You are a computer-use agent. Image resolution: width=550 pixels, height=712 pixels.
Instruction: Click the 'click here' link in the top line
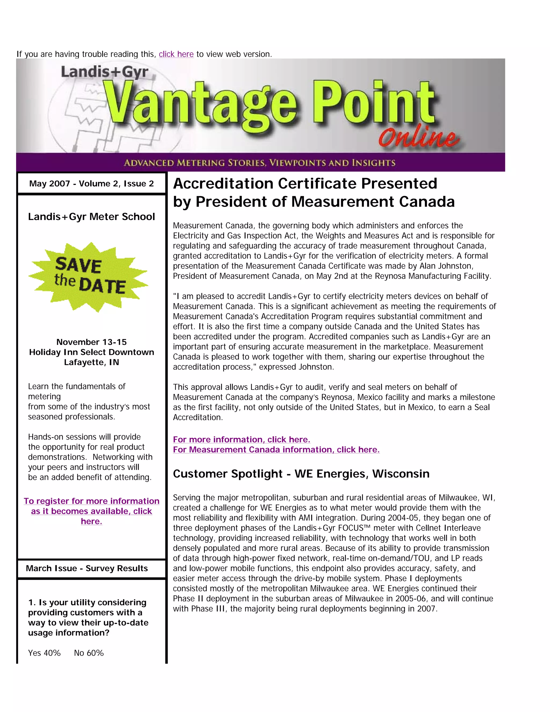tap(176, 54)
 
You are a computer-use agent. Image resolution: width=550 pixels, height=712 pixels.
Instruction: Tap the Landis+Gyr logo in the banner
tap(104, 72)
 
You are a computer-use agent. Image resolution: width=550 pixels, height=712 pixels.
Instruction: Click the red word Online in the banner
tap(419, 137)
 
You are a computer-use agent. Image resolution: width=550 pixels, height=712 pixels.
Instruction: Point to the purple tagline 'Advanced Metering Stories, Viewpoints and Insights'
tap(260, 162)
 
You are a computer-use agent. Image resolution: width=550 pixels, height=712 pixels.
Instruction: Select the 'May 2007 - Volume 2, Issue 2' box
tap(92, 184)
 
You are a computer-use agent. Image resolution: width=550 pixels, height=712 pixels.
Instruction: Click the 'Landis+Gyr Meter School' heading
tap(92, 217)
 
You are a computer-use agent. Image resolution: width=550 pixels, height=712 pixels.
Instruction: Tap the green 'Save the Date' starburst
tap(89, 277)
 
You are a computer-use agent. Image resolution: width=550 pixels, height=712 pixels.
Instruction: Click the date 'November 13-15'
tap(92, 342)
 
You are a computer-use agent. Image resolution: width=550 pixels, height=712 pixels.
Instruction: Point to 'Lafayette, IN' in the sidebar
tap(92, 362)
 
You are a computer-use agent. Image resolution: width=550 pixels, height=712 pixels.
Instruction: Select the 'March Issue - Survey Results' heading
tap(87, 568)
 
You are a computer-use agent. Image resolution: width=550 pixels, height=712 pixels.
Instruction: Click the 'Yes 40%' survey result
tap(44, 653)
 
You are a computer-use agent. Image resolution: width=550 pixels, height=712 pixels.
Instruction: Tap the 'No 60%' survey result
tap(89, 653)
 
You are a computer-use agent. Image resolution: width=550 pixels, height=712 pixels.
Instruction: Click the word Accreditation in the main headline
tap(223, 184)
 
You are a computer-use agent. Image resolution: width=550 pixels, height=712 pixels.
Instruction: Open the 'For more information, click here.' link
tap(241, 440)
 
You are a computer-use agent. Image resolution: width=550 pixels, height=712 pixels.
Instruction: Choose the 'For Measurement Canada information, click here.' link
tap(276, 450)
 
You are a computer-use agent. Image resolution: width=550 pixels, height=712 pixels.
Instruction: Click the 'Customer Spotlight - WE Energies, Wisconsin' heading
tap(301, 474)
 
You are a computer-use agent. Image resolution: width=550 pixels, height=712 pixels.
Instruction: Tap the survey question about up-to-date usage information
tap(88, 617)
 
